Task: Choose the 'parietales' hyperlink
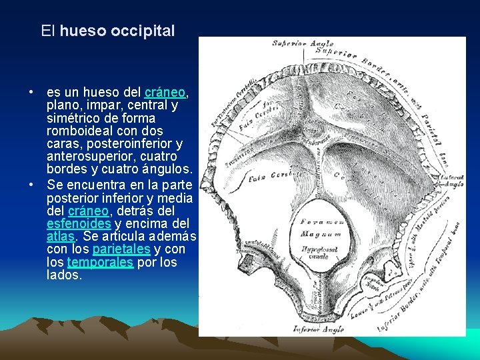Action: tap(121, 249)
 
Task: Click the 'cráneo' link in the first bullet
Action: tap(164, 92)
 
